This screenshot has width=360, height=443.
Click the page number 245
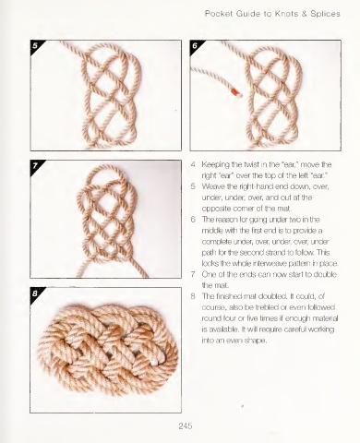[186, 425]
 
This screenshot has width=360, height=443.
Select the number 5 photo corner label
[35, 45]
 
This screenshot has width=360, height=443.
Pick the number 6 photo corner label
[195, 45]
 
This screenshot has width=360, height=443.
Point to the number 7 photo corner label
[35, 166]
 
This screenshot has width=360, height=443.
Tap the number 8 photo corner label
[35, 293]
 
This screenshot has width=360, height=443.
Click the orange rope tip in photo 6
[234, 91]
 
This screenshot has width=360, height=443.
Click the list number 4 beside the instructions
[193, 164]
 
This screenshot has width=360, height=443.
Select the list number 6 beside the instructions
[193, 220]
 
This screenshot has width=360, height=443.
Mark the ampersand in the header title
[304, 14]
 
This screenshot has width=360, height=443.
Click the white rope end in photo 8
[158, 361]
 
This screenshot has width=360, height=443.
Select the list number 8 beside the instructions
[193, 296]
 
